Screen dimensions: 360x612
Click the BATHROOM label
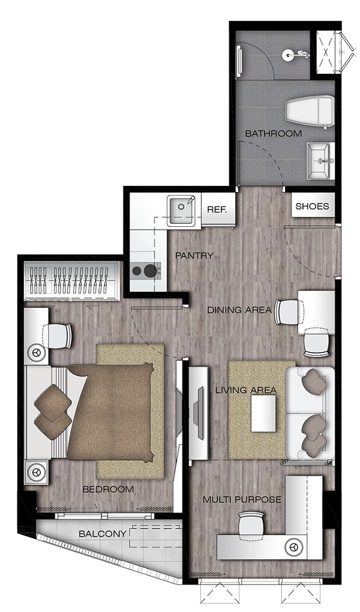[x=274, y=133]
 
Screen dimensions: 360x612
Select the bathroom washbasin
[x=320, y=161]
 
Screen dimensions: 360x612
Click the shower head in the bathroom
[x=289, y=55]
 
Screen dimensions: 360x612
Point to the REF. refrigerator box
[x=218, y=209]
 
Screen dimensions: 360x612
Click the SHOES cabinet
[x=313, y=206]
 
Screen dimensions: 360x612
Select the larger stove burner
[x=149, y=270]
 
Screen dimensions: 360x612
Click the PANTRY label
[x=194, y=256]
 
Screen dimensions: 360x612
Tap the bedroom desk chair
[x=60, y=335]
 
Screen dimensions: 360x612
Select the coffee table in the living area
[x=263, y=413]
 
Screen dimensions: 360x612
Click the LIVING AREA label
[x=246, y=390]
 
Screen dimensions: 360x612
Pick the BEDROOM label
[x=108, y=489]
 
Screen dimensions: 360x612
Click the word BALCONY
[x=103, y=533]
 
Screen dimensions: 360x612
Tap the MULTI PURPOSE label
[x=242, y=499]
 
